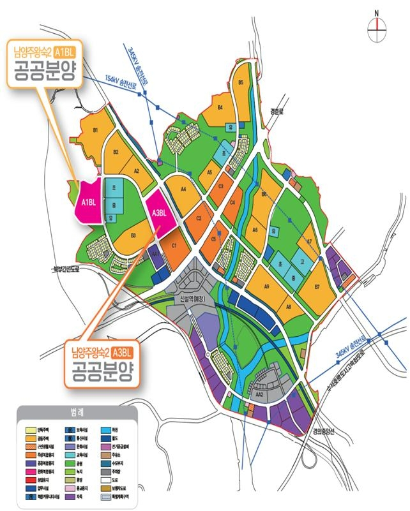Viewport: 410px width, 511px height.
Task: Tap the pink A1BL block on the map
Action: coord(88,202)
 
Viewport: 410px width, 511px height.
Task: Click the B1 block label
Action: coord(98,131)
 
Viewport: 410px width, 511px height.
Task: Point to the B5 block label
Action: coord(241,83)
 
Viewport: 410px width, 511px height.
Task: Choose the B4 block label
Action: coord(220,108)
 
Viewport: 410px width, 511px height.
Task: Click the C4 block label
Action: coord(233,203)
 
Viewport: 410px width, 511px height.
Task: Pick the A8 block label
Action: coord(289,307)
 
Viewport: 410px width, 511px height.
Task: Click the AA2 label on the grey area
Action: coord(260,395)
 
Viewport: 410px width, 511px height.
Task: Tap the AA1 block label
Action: coord(155,253)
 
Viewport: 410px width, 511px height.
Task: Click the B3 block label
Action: coord(133,235)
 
